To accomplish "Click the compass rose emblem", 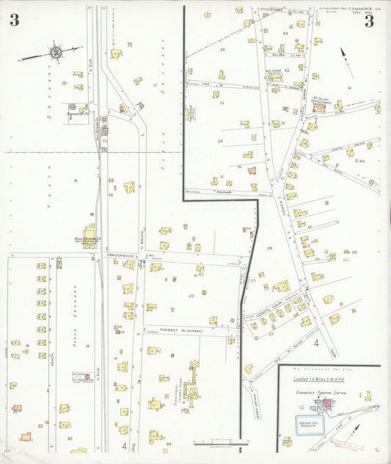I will [x=55, y=51].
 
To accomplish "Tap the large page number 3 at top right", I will [x=369, y=22].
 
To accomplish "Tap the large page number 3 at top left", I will [x=14, y=21].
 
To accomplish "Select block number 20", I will [x=191, y=296].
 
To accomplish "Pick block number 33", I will [x=285, y=34].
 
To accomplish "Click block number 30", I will [x=222, y=49].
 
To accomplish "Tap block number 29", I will [x=219, y=140].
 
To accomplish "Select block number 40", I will [x=361, y=161].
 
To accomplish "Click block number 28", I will [x=269, y=249].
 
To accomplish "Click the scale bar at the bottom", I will [x=216, y=443].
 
